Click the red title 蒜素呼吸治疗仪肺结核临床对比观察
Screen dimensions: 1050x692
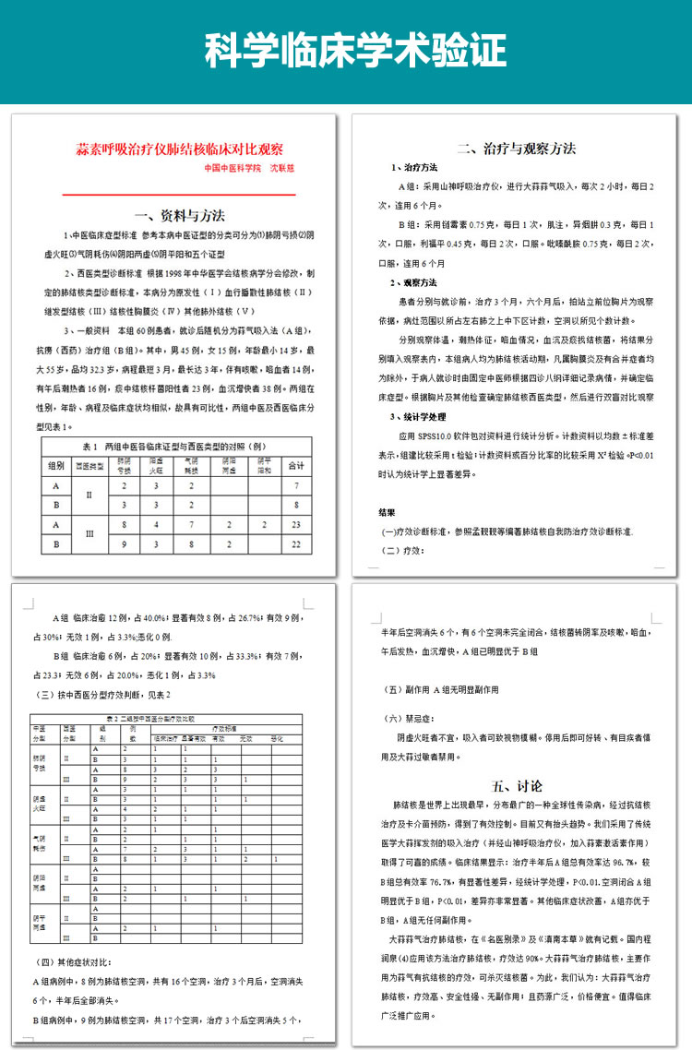(x=179, y=149)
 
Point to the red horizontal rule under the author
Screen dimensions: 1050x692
(x=179, y=195)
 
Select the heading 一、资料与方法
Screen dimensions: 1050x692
(x=179, y=216)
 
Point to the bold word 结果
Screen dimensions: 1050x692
(x=388, y=511)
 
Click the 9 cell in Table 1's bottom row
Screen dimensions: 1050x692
(x=125, y=544)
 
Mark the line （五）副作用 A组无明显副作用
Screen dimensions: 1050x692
(x=441, y=688)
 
